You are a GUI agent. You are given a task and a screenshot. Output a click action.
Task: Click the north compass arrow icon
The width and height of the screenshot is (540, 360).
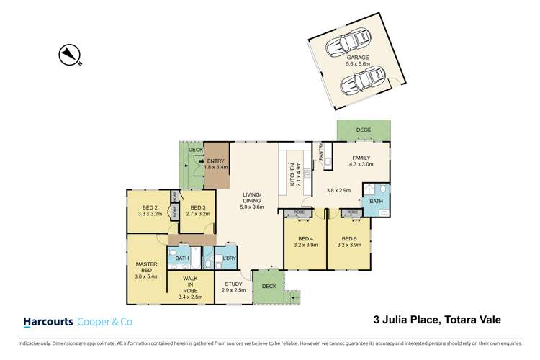click(x=70, y=55)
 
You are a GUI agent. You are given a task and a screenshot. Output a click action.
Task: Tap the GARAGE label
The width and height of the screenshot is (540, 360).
click(x=358, y=58)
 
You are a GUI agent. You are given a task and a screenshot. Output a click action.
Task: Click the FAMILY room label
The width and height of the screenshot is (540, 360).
click(x=361, y=158)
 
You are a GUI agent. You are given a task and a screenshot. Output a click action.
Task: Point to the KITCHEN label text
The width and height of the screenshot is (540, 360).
click(x=292, y=175)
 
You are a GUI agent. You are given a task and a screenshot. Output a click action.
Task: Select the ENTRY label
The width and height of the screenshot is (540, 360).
click(x=215, y=161)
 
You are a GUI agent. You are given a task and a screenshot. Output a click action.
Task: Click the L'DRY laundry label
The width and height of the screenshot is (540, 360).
click(x=230, y=258)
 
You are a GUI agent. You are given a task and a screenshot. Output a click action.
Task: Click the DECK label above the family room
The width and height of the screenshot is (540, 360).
click(x=363, y=130)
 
